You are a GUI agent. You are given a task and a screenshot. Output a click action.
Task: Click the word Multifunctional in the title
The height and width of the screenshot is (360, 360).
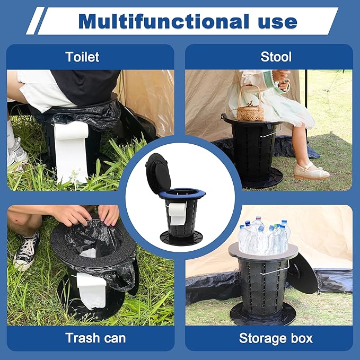pyautogui.click(x=164, y=21)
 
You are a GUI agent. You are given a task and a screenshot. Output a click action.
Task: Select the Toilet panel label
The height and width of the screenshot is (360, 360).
pyautogui.click(x=82, y=57)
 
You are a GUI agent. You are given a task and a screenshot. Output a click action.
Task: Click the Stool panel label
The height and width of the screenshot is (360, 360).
pyautogui.click(x=276, y=57)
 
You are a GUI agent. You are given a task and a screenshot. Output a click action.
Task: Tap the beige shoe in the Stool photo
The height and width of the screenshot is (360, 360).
pyautogui.click(x=311, y=171)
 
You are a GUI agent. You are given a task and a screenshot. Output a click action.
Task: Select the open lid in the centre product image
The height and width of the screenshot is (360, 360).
pyautogui.click(x=158, y=173)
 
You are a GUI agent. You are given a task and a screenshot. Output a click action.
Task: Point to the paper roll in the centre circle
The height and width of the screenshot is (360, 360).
pyautogui.click(x=177, y=213)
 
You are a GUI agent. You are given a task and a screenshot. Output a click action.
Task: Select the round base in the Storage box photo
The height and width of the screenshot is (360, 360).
pyautogui.click(x=262, y=314)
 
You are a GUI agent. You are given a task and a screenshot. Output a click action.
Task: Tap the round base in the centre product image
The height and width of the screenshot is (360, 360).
pyautogui.click(x=181, y=238)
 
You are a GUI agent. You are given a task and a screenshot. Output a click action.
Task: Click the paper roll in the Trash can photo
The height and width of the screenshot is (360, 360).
pyautogui.click(x=92, y=289)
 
